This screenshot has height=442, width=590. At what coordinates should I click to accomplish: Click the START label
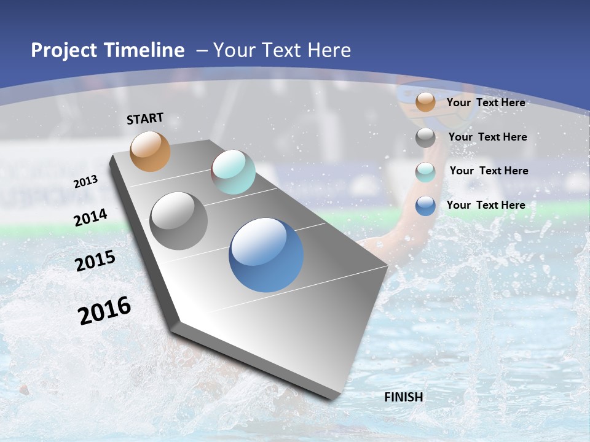coord(145,118)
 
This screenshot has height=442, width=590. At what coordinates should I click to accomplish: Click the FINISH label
coord(404,397)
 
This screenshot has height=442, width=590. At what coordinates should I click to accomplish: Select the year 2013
coord(86,182)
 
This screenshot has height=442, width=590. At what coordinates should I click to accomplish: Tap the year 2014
coord(91,218)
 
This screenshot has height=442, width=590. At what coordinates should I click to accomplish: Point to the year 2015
coord(95,261)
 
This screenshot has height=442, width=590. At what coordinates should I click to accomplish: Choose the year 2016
coord(104,311)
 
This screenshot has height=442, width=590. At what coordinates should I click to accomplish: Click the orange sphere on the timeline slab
coord(151,151)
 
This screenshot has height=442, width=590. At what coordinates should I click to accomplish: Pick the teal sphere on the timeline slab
coord(233,172)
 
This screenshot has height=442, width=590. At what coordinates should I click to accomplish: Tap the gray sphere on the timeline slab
coord(179,221)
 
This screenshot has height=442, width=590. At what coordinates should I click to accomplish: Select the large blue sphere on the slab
coord(266,255)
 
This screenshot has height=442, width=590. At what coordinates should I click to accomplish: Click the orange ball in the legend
coord(425,102)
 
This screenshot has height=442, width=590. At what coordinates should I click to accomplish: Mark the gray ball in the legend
coord(425,138)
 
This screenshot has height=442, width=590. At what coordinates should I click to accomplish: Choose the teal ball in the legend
coord(425,172)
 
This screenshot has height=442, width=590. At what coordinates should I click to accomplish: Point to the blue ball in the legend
coord(425,206)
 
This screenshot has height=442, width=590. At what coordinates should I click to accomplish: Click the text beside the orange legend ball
coord(486,103)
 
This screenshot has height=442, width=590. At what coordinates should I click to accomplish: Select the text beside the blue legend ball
coord(486,205)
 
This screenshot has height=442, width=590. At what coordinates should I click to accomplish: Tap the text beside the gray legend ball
coord(488,137)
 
